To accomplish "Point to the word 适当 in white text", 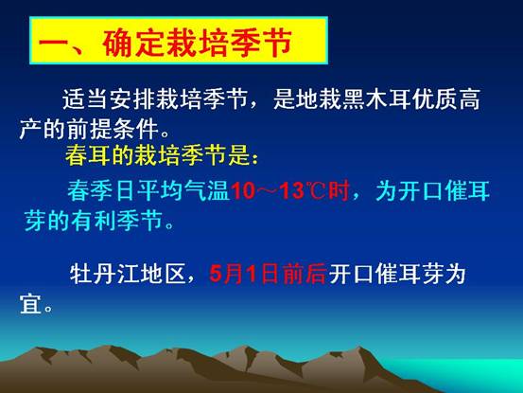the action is pos(86,99).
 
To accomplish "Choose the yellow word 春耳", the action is pos(87,155).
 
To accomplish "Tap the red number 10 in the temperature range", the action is pos(243,191).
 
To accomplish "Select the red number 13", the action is pos(292,191).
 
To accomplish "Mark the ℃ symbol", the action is pos(315,191).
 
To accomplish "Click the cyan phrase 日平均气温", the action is pos(172,190).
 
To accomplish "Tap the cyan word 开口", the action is pos(420,190).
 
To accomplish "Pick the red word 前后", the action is pos(305,274).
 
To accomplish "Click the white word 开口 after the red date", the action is pos(351,274).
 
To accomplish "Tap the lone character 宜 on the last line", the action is pos(30,304).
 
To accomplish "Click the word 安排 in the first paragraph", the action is pos(131,99).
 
